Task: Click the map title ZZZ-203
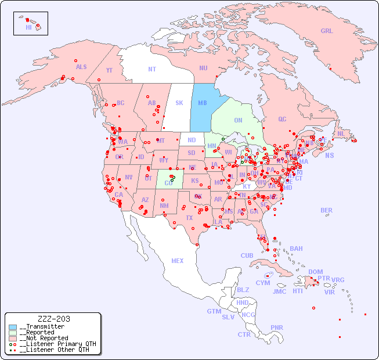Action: pos(53,319)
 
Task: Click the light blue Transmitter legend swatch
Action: pos(12,327)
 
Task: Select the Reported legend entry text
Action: pos(43,333)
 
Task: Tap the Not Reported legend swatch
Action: pos(12,338)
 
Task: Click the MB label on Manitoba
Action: pos(203,103)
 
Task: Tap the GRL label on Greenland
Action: pos(327,31)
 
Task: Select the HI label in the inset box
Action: pos(28,27)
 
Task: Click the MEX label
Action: pos(178,261)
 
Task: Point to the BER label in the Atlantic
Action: pos(326,211)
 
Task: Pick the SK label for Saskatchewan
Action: pos(179,103)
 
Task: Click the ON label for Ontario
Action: pos(238,121)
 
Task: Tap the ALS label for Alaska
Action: pos(81,67)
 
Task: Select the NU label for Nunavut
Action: pos(203,69)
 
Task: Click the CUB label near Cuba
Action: pos(247,256)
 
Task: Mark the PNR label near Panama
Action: pos(277,328)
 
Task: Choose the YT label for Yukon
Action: pos(109,70)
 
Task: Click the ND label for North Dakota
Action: pos(192,141)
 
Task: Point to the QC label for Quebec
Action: pos(282,120)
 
